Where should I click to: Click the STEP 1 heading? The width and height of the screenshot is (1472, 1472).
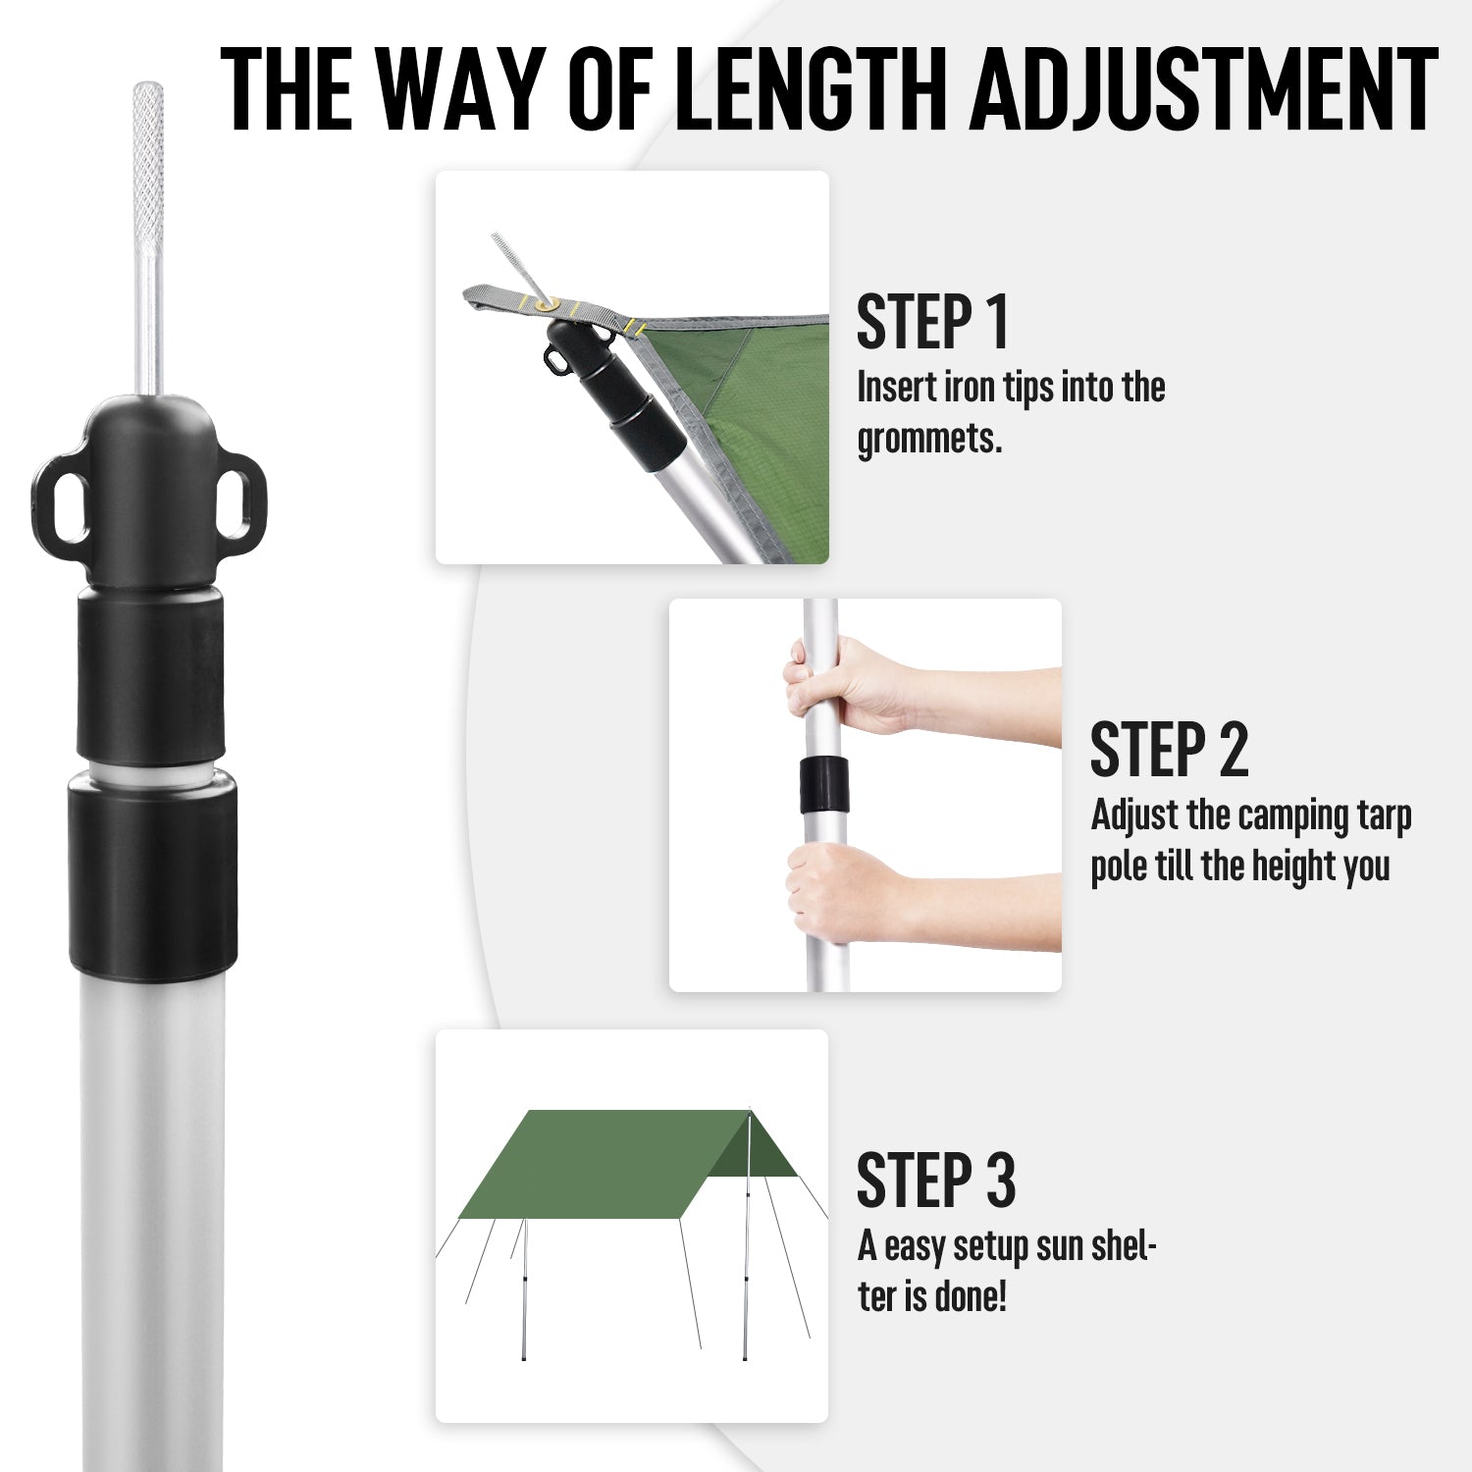click(x=932, y=322)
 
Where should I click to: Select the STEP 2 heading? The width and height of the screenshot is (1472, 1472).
click(x=1168, y=751)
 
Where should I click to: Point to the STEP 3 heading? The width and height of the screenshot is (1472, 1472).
click(x=935, y=1181)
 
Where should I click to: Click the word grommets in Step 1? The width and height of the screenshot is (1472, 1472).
click(x=928, y=439)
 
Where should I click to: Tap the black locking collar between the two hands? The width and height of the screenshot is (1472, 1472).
click(x=823, y=785)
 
